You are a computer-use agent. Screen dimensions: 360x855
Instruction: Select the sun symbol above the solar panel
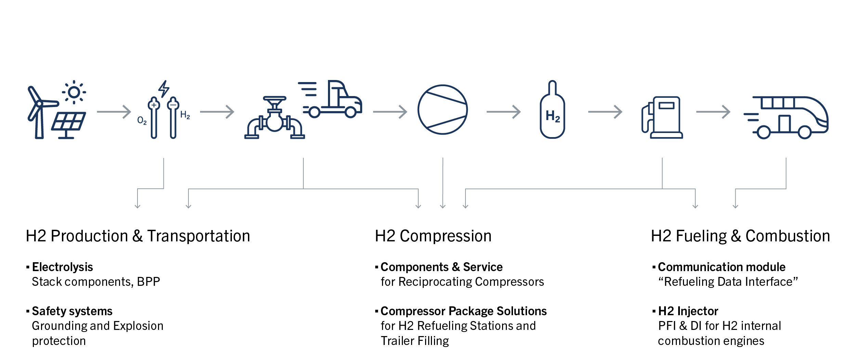pyautogui.click(x=74, y=92)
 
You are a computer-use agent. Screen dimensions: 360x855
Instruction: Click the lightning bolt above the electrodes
pyautogui.click(x=164, y=89)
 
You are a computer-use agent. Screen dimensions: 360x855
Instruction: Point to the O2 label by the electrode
pyautogui.click(x=142, y=120)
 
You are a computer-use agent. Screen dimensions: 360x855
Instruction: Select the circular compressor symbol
pyautogui.click(x=443, y=109)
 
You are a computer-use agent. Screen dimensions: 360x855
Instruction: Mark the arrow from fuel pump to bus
pyautogui.click(x=713, y=111)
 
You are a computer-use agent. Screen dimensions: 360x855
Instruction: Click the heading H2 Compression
pyautogui.click(x=433, y=236)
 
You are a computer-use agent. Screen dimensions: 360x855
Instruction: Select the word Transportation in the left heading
pyautogui.click(x=198, y=236)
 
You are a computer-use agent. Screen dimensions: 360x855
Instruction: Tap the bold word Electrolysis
pyautogui.click(x=62, y=267)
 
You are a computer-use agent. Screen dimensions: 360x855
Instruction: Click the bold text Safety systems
pyautogui.click(x=72, y=311)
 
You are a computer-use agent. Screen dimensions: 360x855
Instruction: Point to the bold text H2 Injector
pyautogui.click(x=688, y=311)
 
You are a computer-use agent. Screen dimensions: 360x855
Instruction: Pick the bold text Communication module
pyautogui.click(x=722, y=267)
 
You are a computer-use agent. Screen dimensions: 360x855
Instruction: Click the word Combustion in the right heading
pyautogui.click(x=788, y=236)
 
